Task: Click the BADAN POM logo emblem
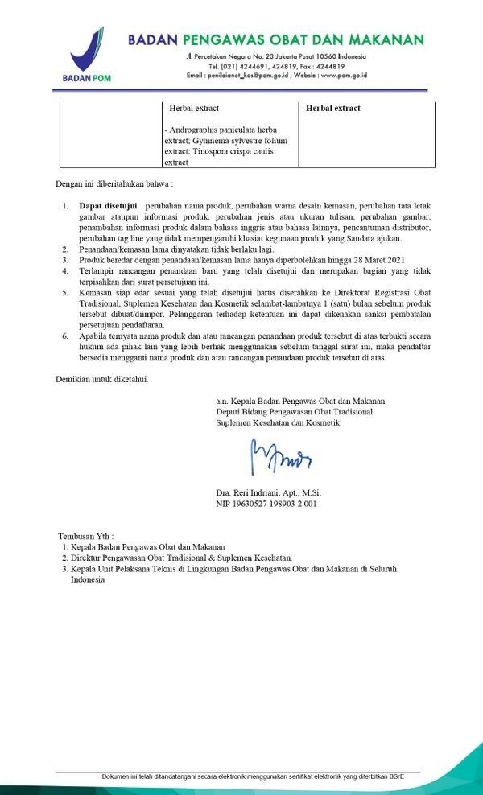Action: click(x=87, y=50)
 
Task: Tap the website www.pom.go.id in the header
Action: click(x=338, y=75)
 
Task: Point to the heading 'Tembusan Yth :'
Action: click(x=85, y=534)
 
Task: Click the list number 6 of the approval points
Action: click(x=65, y=332)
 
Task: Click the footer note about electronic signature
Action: click(x=253, y=776)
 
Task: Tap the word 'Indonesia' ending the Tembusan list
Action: click(x=87, y=579)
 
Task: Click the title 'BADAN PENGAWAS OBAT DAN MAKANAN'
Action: click(x=275, y=39)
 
